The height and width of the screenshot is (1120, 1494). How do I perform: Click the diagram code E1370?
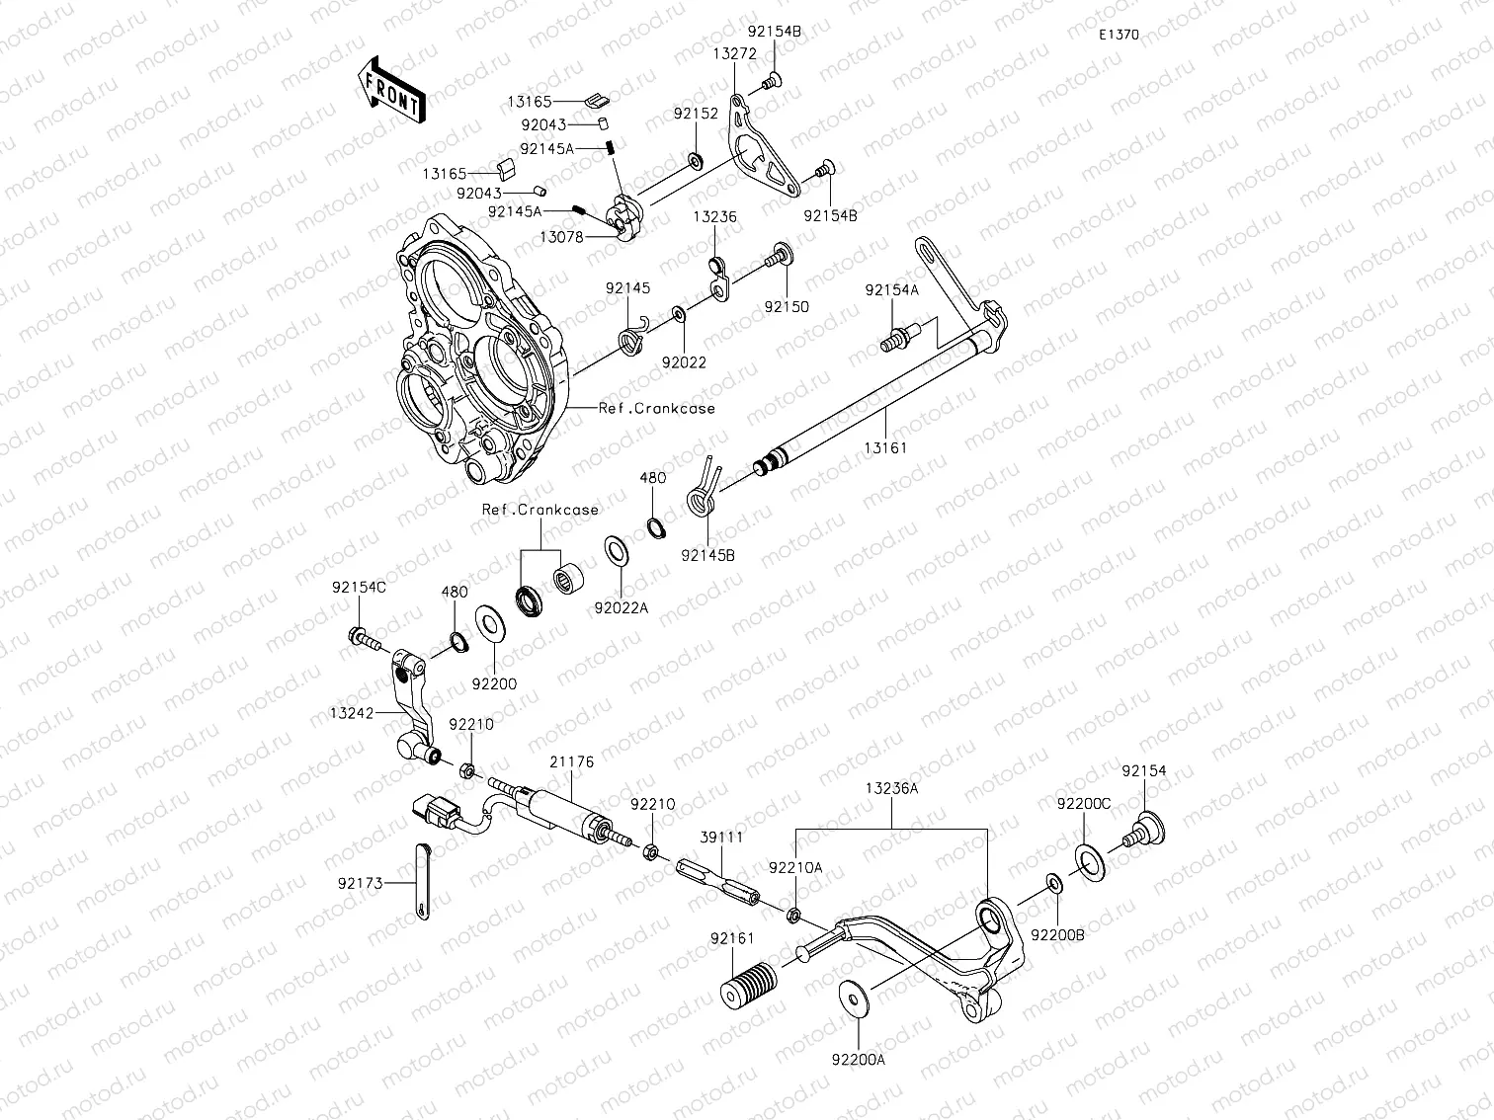pos(1119,35)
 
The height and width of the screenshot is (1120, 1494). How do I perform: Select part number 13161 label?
pos(884,447)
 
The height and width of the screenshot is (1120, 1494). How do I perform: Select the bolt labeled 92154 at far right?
pos(1147,833)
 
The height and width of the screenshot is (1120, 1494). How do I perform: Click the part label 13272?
pos(734,55)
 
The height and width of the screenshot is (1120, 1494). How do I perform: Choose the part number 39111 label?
pos(722,837)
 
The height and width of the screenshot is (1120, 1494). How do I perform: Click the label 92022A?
pos(621,607)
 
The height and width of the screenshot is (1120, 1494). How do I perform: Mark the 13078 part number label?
pos(561,237)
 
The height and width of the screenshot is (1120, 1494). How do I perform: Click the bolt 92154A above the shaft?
pos(896,340)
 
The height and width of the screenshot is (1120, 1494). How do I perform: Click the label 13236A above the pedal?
pos(891,789)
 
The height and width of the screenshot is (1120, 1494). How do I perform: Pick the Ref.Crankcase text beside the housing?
pos(656,408)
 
